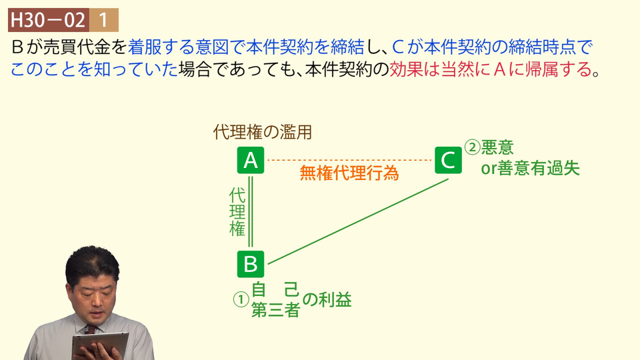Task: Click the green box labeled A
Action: (251, 161)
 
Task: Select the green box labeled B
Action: (251, 264)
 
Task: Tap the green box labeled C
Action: (448, 161)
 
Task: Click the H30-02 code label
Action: (49, 20)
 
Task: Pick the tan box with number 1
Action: (104, 20)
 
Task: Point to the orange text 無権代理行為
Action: (349, 173)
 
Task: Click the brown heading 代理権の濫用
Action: (263, 132)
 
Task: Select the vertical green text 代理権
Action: (237, 212)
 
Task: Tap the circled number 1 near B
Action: (241, 299)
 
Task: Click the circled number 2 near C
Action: (472, 147)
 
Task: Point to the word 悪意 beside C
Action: (497, 147)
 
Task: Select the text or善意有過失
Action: (531, 168)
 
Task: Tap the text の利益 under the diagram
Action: (327, 300)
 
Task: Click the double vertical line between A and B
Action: (251, 212)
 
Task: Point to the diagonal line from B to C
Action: (358, 221)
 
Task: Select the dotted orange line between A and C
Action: (349, 160)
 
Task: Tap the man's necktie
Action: (91, 329)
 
